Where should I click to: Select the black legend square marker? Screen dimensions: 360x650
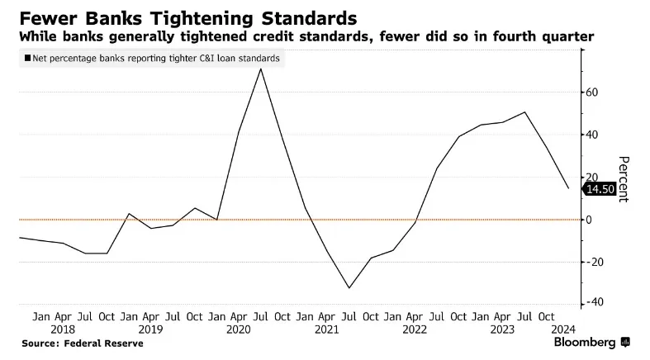click(28, 58)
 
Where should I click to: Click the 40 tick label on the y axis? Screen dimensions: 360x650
click(591, 135)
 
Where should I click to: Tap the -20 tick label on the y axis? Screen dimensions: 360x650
click(594, 262)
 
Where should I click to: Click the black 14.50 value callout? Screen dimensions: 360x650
click(599, 189)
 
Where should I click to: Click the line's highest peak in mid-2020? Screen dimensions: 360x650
click(261, 69)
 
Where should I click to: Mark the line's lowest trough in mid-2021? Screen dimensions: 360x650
click(349, 288)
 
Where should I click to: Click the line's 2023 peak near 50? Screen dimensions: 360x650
click(525, 112)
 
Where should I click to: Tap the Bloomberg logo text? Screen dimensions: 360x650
click(584, 343)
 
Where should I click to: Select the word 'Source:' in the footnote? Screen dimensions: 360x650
click(41, 343)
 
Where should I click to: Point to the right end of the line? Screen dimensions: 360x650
click(568, 188)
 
